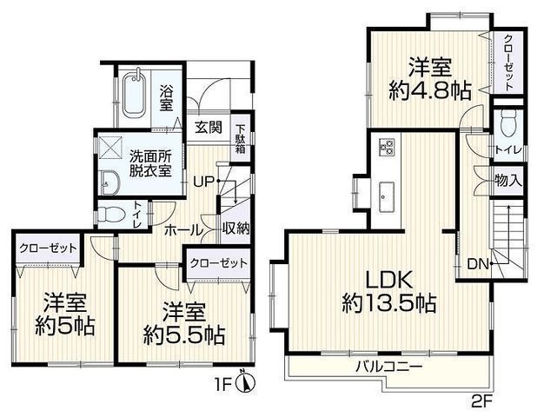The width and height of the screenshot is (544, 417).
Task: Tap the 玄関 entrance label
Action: coord(208,129)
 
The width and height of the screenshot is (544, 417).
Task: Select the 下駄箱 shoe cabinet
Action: coord(241,140)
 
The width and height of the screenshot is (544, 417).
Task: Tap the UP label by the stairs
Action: coord(202,182)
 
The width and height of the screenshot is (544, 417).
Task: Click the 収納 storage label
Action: coord(236,228)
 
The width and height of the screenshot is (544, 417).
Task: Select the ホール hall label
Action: coord(183,229)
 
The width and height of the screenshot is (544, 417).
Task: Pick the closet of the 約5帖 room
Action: coord(48,249)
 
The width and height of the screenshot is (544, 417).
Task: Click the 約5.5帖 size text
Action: coord(184,335)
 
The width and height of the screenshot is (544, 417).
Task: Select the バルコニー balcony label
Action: coord(388,367)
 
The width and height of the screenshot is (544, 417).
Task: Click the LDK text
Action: coord(389,280)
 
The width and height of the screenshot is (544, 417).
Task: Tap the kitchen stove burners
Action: coord(387,147)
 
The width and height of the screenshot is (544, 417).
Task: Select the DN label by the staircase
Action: coord(478,264)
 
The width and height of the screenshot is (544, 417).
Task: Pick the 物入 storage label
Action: coord(508,181)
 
